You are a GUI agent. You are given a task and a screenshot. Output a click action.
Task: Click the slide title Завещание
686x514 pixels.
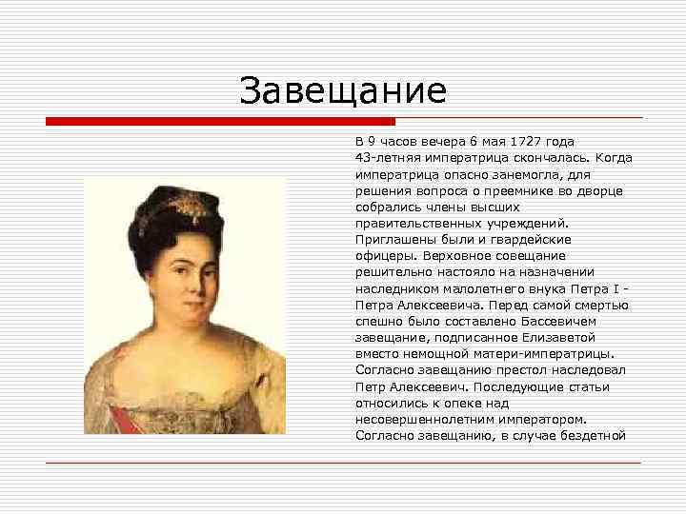coord(343,91)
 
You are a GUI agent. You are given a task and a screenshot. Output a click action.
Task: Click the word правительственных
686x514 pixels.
coord(420,223)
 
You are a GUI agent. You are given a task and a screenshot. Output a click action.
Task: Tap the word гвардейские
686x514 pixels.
coord(531,240)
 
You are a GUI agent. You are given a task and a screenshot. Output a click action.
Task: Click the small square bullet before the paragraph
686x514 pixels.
coord(346,142)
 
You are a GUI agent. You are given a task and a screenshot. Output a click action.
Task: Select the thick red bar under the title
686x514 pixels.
coord(220,122)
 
